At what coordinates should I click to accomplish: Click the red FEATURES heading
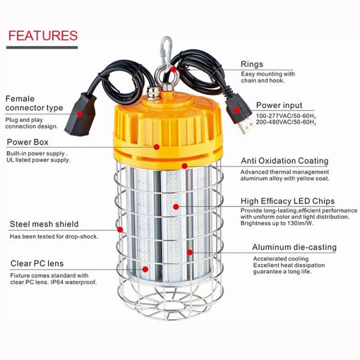[43, 35]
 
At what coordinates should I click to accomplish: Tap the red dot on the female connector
[80, 114]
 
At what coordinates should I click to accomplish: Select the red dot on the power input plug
[237, 110]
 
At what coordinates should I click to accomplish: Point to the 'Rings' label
[252, 64]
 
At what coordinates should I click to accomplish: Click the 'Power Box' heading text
[28, 142]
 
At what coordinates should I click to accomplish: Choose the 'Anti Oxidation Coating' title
[284, 161]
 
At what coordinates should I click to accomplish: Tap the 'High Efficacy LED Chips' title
[287, 201]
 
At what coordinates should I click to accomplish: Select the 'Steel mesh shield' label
[44, 224]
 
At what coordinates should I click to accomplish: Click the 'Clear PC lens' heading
[37, 263]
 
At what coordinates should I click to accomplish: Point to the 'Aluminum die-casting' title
[295, 247]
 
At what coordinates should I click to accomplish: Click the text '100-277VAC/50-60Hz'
[286, 116]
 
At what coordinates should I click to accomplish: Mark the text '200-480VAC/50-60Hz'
[286, 122]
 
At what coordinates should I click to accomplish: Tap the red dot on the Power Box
[157, 147]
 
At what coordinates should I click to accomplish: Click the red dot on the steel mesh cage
[120, 229]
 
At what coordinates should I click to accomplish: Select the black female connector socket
[80, 115]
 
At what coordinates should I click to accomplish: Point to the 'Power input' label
[279, 105]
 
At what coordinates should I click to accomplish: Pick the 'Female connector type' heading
[34, 103]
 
